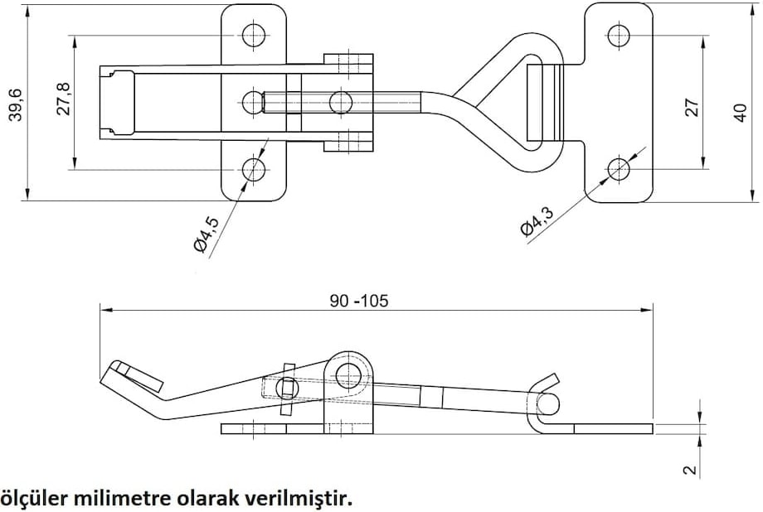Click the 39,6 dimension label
(x=13, y=103)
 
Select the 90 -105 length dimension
(x=358, y=301)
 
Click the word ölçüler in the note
(x=35, y=499)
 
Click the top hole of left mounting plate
(x=254, y=35)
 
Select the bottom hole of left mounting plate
(x=254, y=170)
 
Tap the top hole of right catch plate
(x=619, y=36)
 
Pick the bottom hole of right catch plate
(x=619, y=169)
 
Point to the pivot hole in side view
(x=349, y=374)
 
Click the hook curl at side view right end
(x=547, y=401)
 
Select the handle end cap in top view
(x=118, y=103)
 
